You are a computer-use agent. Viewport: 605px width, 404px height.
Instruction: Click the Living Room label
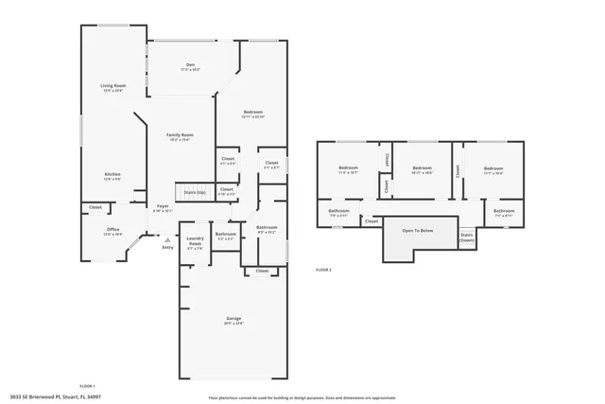click(113, 86)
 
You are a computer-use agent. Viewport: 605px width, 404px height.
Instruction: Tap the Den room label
click(190, 65)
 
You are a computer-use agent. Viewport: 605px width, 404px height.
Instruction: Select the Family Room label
click(180, 135)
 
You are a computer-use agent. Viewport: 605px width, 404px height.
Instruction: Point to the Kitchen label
click(112, 174)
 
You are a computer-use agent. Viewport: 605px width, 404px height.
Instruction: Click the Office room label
click(112, 229)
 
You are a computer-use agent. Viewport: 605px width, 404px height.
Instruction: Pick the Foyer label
click(163, 205)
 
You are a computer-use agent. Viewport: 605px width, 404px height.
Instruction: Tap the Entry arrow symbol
click(167, 240)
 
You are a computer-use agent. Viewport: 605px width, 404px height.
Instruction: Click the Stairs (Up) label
click(195, 192)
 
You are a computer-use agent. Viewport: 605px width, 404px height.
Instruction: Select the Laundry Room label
click(195, 241)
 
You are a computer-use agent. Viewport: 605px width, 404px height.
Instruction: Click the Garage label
click(233, 318)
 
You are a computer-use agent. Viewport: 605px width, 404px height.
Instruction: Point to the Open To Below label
click(417, 231)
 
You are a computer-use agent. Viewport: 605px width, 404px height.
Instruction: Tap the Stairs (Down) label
click(467, 237)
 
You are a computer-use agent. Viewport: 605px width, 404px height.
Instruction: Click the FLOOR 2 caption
click(323, 270)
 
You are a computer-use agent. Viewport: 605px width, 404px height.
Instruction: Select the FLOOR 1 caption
click(87, 386)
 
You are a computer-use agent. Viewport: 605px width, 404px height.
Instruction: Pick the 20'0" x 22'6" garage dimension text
click(233, 324)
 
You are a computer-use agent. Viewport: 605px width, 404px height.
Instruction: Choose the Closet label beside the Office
click(95, 207)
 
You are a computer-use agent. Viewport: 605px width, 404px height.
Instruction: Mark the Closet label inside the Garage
click(262, 271)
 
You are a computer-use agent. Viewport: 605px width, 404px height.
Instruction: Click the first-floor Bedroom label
click(252, 112)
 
